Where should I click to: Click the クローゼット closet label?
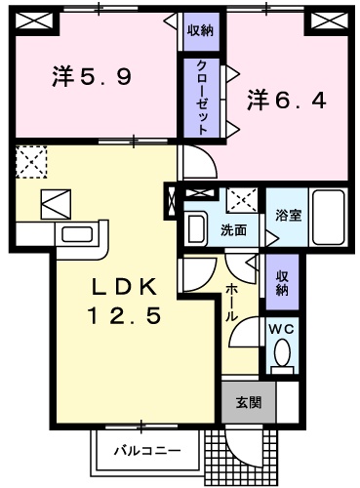coord(199,97)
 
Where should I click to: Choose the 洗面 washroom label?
coord(232,230)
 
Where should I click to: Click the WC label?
coord(281,329)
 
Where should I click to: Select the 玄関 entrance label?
coord(246,400)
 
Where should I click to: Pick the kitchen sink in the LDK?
coord(73,235)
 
